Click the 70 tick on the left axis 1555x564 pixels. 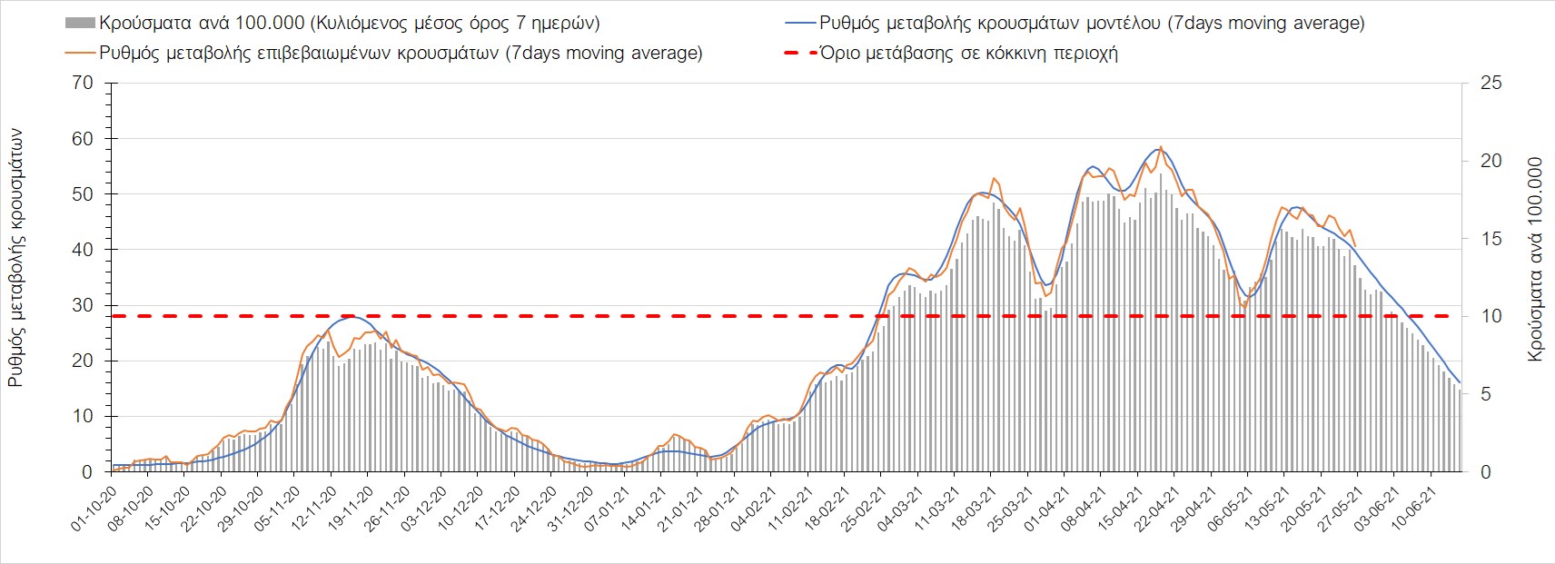coord(83,84)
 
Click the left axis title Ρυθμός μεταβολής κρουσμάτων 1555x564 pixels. coord(15,258)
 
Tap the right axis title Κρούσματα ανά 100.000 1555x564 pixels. coord(1535,260)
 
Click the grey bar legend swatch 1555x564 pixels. coord(79,23)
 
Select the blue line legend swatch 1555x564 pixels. coord(797,23)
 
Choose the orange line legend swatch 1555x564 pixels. coord(79,53)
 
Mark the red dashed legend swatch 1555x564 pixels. coord(797,53)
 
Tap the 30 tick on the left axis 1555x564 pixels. coord(83,305)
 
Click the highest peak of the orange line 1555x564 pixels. coord(1161,146)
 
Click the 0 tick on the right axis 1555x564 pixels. coord(1486,472)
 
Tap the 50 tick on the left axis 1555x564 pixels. coord(83,194)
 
